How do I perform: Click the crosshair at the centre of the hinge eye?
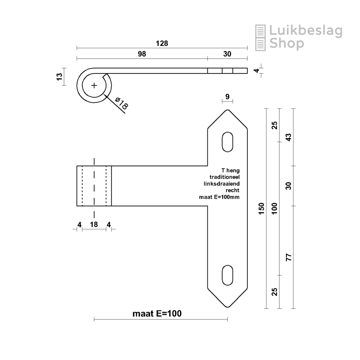pyautogui.click(x=94, y=86)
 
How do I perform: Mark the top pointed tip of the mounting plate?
pyautogui.click(x=228, y=110)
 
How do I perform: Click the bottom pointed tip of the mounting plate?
pyautogui.click(x=228, y=307)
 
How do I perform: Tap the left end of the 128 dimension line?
pyautogui.click(x=77, y=48)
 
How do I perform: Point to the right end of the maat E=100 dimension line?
pyautogui.click(x=228, y=319)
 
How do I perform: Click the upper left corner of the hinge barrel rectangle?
pyautogui.click(x=77, y=166)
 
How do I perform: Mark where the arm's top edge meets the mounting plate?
pyautogui.click(x=208, y=166)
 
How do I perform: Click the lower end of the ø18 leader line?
pyautogui.click(x=125, y=113)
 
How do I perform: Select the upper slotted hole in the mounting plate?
pyautogui.click(x=228, y=142)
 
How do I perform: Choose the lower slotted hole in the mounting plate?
pyautogui.click(x=228, y=275)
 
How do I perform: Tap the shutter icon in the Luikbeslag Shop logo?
pyautogui.click(x=260, y=38)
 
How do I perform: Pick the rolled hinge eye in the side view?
pyautogui.click(x=94, y=86)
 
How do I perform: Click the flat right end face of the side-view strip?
pyautogui.click(x=248, y=71)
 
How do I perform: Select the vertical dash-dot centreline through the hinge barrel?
pyautogui.click(x=94, y=188)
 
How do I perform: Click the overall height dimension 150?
pyautogui.click(x=261, y=208)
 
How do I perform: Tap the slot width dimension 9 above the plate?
pyautogui.click(x=227, y=96)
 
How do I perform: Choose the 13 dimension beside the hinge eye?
pyautogui.click(x=59, y=77)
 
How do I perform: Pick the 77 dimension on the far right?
pyautogui.click(x=289, y=257)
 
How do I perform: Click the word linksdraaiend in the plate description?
pyautogui.click(x=221, y=184)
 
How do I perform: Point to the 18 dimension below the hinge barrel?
pyautogui.click(x=94, y=224)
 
